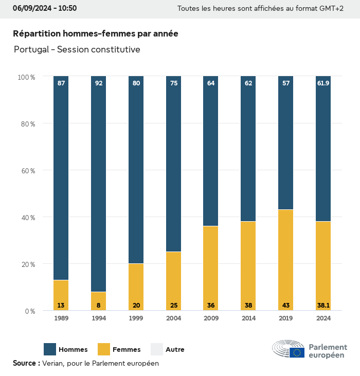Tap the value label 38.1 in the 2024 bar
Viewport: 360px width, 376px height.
(323, 306)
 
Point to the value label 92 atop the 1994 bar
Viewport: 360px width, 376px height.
(98, 83)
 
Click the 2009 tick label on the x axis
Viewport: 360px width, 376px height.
(211, 319)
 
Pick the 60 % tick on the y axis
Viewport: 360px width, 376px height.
(26, 171)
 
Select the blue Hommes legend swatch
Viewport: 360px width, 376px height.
(50, 349)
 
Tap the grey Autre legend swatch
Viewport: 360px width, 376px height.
(156, 349)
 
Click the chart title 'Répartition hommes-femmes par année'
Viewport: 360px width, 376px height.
(96, 33)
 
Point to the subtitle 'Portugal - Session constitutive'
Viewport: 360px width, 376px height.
(77, 49)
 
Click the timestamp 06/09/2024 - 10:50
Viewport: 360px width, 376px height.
(45, 8)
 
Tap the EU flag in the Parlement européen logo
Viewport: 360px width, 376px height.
(297, 352)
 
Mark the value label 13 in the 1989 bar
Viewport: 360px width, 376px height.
(61, 306)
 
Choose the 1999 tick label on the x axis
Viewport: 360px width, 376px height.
(136, 319)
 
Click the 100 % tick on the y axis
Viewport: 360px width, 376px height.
(26, 77)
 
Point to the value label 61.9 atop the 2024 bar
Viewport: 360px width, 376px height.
(323, 83)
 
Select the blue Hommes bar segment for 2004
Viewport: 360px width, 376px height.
(173, 165)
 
